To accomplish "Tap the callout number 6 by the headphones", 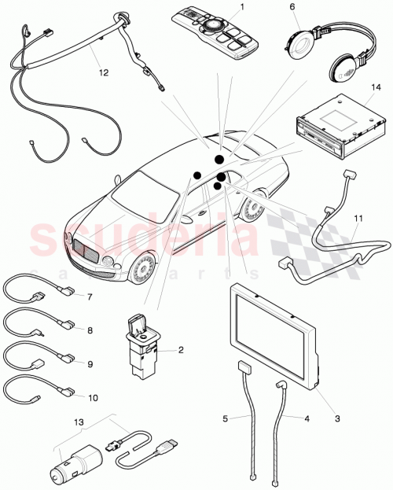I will [292, 6].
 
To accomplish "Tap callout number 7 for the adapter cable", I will [90, 297].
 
